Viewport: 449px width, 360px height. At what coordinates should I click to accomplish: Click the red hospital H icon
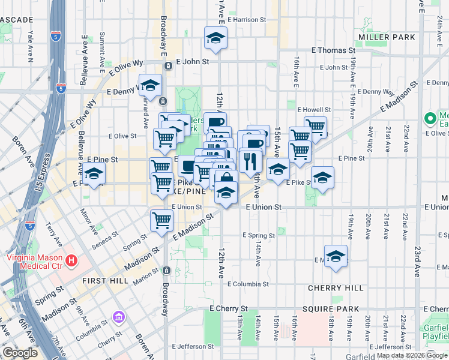71,260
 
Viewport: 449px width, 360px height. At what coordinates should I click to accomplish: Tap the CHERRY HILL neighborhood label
336,288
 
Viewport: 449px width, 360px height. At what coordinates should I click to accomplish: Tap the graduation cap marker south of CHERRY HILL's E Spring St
336,256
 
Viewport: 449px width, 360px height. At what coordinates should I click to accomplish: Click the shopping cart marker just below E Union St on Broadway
161,220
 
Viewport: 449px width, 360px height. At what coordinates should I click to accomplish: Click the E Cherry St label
224,308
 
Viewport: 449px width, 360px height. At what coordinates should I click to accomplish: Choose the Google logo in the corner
20,353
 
